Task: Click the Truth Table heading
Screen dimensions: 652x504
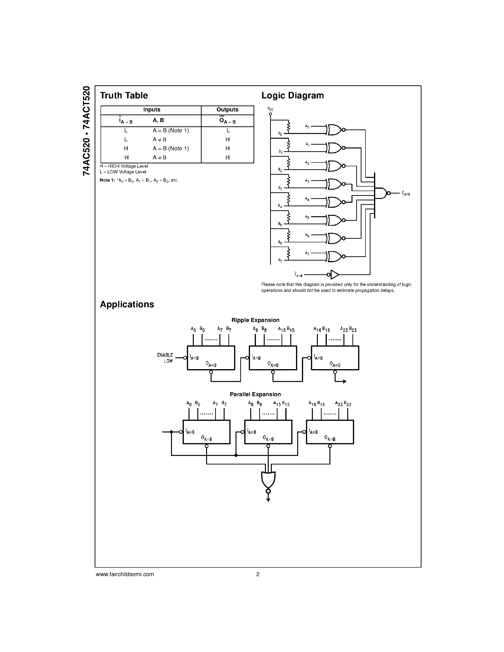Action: point(124,96)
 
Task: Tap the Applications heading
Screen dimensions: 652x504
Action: point(127,304)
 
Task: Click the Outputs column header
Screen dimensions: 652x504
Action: point(227,110)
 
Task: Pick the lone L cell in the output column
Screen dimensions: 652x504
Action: point(228,130)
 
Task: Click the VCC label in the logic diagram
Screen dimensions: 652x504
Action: point(270,109)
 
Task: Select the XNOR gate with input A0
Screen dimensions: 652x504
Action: point(334,130)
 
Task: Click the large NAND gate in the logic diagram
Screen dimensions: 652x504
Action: point(381,193)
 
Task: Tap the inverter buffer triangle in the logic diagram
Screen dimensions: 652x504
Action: point(335,274)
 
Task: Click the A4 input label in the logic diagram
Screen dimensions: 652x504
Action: point(307,199)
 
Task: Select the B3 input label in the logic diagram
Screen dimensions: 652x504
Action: point(280,188)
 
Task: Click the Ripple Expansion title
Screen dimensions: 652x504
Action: point(255,320)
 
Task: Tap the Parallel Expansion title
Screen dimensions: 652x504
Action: point(255,394)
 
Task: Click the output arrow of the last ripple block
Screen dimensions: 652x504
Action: point(344,381)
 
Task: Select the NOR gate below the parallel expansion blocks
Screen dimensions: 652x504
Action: point(268,479)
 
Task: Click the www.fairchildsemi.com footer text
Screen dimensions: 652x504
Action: point(125,574)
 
